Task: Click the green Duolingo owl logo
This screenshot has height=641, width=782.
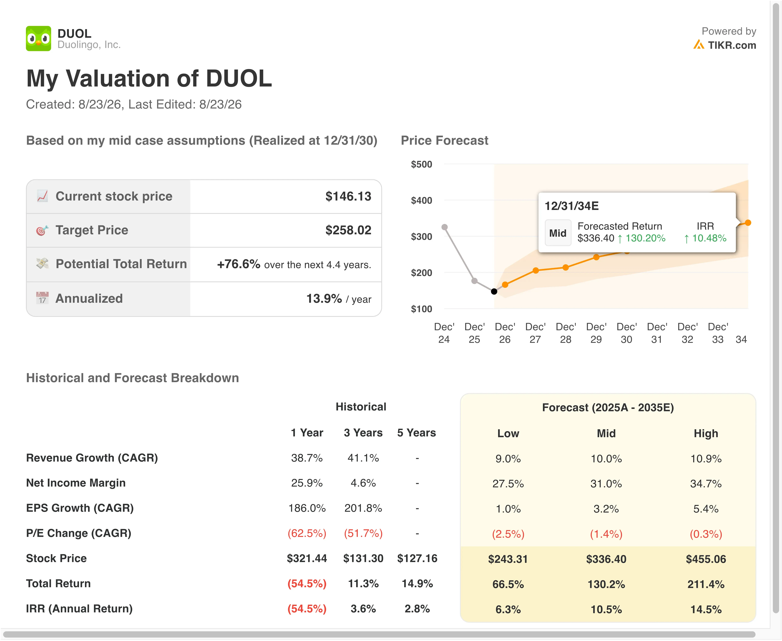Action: pyautogui.click(x=38, y=38)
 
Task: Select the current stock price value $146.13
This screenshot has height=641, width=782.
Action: pyautogui.click(x=348, y=196)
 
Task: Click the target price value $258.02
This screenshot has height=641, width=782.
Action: pyautogui.click(x=348, y=230)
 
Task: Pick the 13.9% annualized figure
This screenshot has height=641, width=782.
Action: pyautogui.click(x=324, y=298)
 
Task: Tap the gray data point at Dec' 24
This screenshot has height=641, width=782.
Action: pyautogui.click(x=445, y=227)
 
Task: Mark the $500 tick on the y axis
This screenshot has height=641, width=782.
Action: pyautogui.click(x=421, y=164)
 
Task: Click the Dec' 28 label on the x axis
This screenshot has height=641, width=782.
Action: pyautogui.click(x=566, y=333)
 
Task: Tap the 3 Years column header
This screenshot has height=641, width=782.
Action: pyautogui.click(x=363, y=433)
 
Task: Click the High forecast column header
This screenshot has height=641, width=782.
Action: pyautogui.click(x=706, y=433)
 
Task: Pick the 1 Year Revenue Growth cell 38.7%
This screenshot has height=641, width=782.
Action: pyautogui.click(x=307, y=458)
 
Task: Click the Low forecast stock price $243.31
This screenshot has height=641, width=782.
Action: pyautogui.click(x=508, y=559)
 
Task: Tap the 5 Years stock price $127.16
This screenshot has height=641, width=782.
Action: pyautogui.click(x=417, y=558)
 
